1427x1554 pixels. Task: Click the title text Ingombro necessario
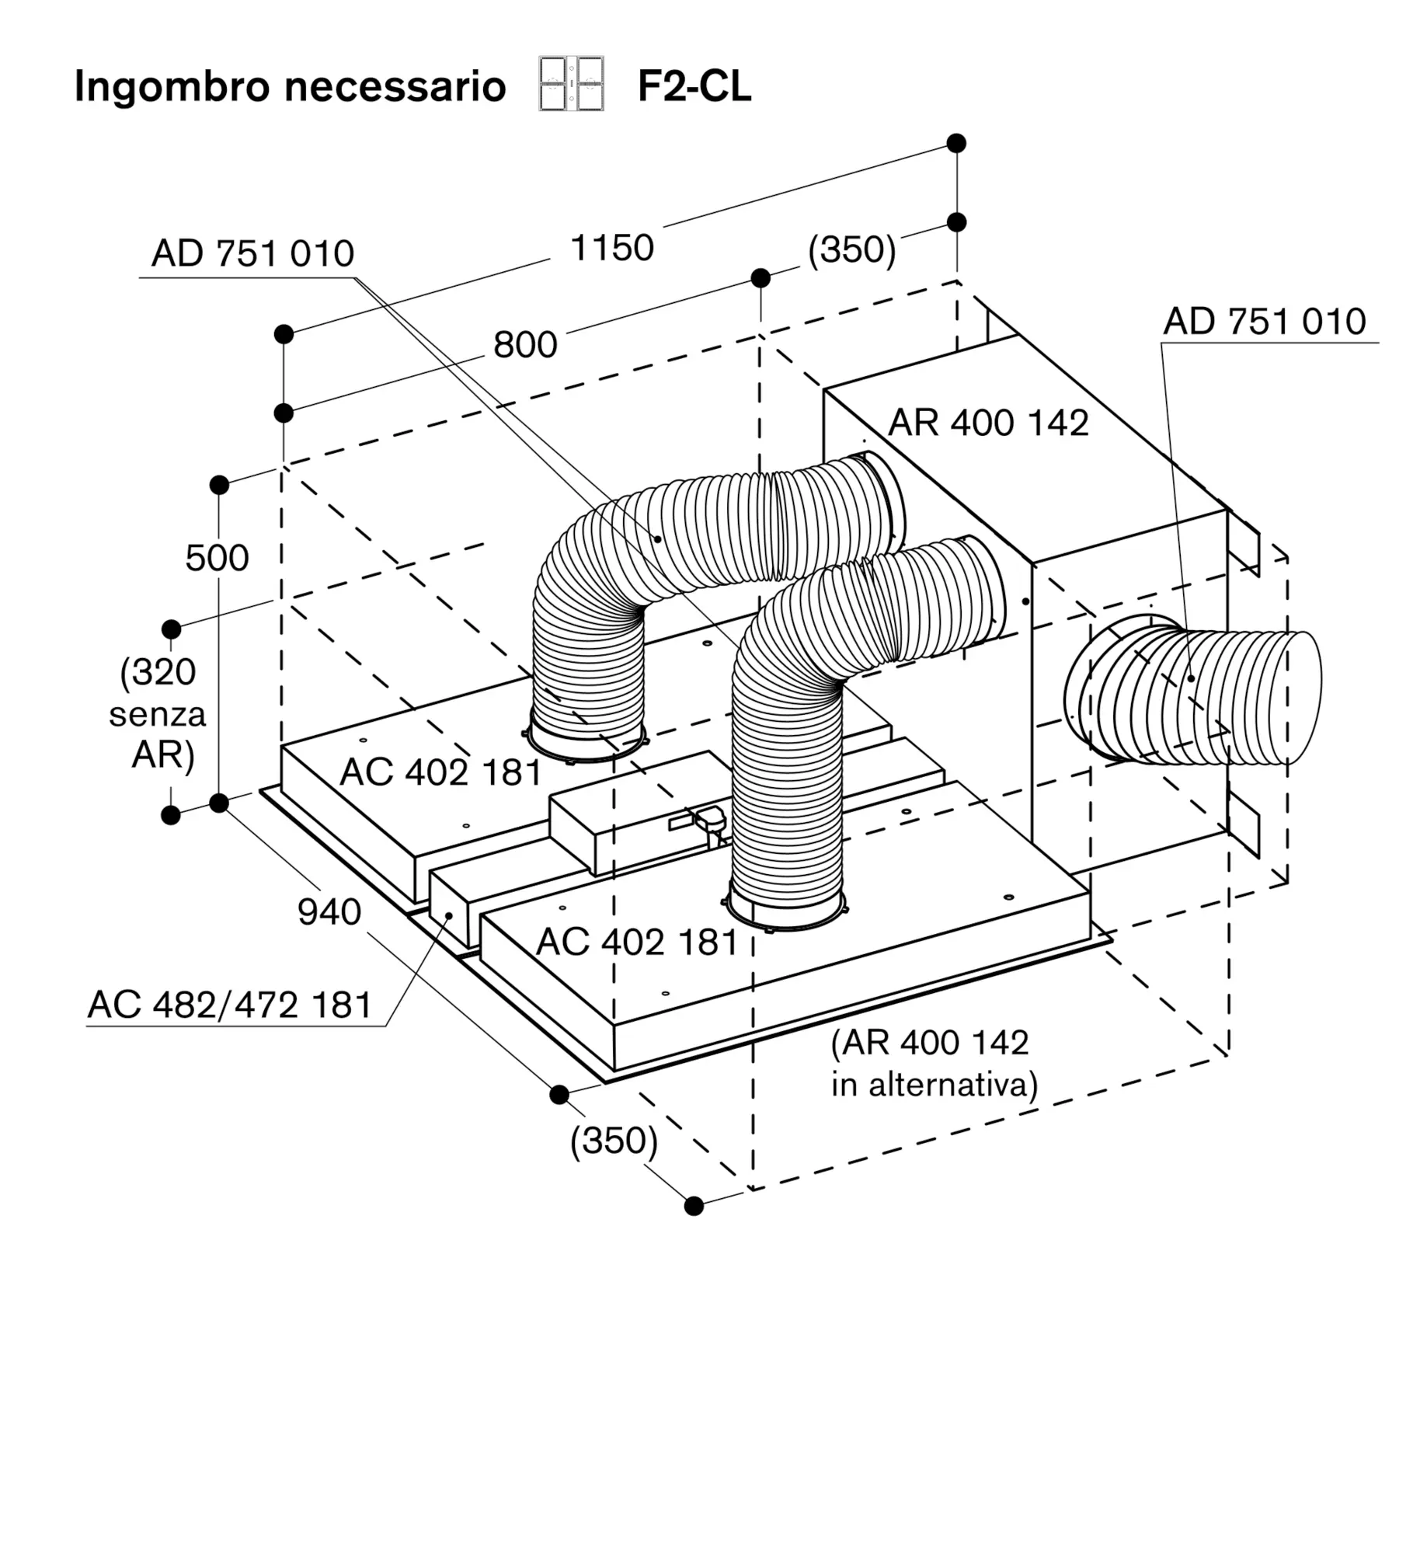[290, 86]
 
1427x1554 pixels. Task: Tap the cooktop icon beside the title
[571, 84]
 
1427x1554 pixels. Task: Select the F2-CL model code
[694, 86]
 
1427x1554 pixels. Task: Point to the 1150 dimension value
[612, 249]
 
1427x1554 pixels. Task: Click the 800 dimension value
[525, 345]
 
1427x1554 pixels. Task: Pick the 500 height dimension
[217, 558]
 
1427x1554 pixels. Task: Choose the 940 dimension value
[329, 912]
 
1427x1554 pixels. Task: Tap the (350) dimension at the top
[851, 250]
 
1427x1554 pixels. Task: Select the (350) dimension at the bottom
[614, 1141]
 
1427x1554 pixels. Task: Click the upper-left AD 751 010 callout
[252, 254]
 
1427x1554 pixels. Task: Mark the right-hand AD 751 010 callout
[1264, 322]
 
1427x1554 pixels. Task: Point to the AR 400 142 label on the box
[988, 423]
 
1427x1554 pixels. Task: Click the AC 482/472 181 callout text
[231, 1005]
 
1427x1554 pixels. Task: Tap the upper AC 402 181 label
[440, 772]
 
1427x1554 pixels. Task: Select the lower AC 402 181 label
[637, 943]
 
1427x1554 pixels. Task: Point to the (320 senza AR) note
[158, 713]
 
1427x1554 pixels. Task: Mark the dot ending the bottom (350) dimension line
[694, 1206]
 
